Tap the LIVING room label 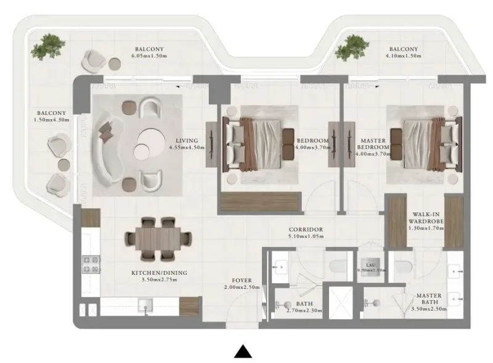pos(186,141)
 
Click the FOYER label pos(242,280)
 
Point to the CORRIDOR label pos(306,230)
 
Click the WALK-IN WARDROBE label pos(425,219)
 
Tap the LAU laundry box pos(371,264)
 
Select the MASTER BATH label pos(428,296)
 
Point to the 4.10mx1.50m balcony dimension pos(403,57)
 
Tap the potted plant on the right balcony pos(354,46)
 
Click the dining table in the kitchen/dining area pos(154,238)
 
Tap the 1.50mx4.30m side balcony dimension pos(52,120)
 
